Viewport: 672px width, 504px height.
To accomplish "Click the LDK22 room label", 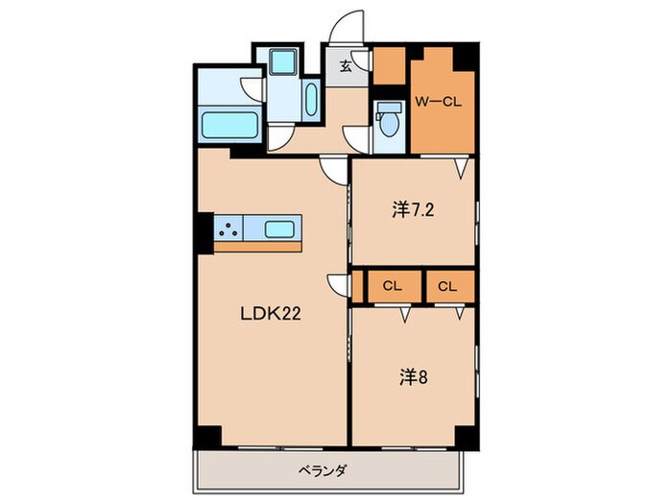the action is (271, 314).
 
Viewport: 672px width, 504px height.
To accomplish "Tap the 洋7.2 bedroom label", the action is (413, 210).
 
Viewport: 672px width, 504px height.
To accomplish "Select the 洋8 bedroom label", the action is (414, 377).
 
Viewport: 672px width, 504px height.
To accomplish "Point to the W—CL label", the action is (438, 102).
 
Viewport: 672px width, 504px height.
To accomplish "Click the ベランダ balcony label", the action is (322, 470).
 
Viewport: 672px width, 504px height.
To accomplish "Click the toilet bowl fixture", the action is (388, 122).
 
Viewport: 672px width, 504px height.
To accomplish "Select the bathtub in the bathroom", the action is (230, 125).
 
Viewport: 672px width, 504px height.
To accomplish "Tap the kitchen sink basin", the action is (279, 229).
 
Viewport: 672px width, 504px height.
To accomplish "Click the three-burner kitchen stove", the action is (228, 228).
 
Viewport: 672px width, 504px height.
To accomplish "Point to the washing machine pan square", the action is (283, 61).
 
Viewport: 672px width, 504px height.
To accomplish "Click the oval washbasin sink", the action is (311, 99).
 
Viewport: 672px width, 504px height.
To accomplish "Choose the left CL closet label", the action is (392, 286).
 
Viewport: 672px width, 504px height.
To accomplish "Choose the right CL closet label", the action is (448, 286).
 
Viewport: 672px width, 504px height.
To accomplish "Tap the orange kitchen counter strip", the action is (257, 247).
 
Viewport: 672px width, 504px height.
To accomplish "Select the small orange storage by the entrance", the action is (389, 66).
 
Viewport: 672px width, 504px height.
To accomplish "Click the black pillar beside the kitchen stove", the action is (204, 233).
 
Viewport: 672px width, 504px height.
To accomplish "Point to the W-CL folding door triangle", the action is (461, 169).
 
